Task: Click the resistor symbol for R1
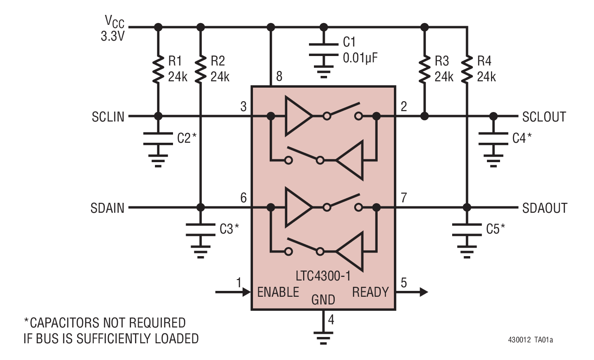coord(158,69)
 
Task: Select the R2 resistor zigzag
coord(201,69)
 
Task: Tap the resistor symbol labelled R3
coord(424,69)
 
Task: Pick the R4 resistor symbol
coord(467,69)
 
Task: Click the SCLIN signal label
coord(108,117)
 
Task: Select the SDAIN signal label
coord(108,208)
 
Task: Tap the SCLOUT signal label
coord(544,117)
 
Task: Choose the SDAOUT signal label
coord(545,208)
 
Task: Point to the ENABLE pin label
coord(278,292)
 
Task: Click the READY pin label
coord(370,292)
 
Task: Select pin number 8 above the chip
coord(279,77)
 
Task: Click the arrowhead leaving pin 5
coord(422,292)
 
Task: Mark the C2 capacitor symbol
coord(158,139)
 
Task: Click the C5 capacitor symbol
coord(467,230)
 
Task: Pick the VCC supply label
coord(114,27)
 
